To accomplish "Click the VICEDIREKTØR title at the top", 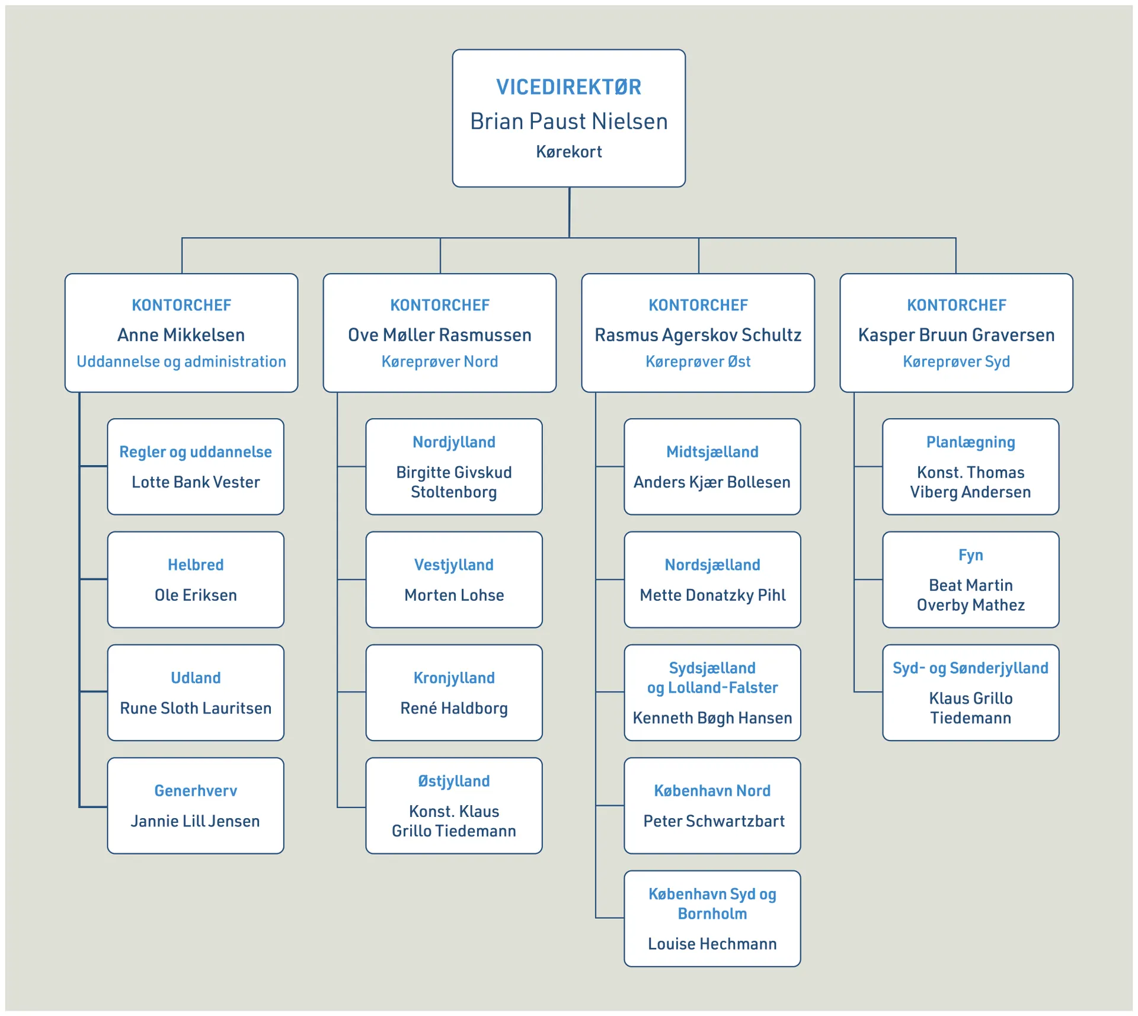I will (568, 87).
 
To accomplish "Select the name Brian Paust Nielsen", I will (568, 121).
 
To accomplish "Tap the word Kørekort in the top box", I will (568, 152).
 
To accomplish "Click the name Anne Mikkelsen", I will (181, 335).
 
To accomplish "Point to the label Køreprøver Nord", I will (439, 361).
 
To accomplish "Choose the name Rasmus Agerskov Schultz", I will (698, 335).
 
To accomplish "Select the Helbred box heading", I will (196, 565).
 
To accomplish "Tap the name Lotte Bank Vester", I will (196, 482).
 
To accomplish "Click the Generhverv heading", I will (196, 790).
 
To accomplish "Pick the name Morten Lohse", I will (454, 595).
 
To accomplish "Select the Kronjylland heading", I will (454, 678).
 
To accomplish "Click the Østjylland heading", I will (454, 781).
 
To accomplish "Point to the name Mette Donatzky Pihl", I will (712, 595).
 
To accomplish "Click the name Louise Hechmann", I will (712, 944).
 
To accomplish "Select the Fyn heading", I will (970, 555).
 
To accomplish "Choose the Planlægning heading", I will (970, 442).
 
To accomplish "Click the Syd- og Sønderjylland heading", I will (970, 668).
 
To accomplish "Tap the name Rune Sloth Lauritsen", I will (196, 708).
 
